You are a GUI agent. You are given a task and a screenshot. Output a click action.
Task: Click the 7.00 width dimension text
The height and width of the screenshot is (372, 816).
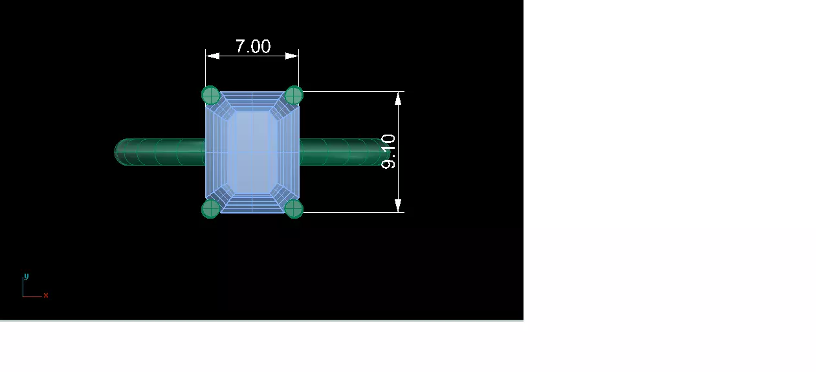(252, 47)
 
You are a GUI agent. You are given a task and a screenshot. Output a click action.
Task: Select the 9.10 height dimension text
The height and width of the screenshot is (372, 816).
(388, 151)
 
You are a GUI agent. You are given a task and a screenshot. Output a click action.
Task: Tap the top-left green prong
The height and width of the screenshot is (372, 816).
(210, 96)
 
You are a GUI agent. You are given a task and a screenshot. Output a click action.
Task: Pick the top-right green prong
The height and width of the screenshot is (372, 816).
(294, 96)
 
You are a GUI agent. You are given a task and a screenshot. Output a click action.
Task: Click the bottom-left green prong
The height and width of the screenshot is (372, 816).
(210, 209)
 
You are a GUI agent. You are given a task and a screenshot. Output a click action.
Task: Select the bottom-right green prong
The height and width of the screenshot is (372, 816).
(294, 209)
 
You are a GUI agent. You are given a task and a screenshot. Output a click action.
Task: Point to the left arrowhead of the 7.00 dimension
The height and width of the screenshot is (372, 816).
(212, 56)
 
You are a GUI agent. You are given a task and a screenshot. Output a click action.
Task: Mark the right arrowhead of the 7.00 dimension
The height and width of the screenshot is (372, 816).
(292, 56)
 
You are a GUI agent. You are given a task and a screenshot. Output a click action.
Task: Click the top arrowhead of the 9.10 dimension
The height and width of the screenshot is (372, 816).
(399, 98)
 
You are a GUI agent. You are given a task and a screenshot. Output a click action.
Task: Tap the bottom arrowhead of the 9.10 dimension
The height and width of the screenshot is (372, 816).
(399, 206)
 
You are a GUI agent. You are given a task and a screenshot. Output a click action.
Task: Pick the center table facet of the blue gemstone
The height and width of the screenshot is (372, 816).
(252, 152)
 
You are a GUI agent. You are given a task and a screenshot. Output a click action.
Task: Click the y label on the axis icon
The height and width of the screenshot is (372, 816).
(27, 276)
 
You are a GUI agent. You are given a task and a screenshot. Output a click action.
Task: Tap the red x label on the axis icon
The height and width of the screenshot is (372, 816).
(46, 296)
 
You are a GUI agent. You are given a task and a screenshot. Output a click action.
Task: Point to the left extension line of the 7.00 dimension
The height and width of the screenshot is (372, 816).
(206, 71)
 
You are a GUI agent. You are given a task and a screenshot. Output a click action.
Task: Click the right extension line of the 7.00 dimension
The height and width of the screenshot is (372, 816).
(298, 71)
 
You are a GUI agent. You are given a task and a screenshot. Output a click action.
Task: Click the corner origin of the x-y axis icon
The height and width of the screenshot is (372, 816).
(23, 296)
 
